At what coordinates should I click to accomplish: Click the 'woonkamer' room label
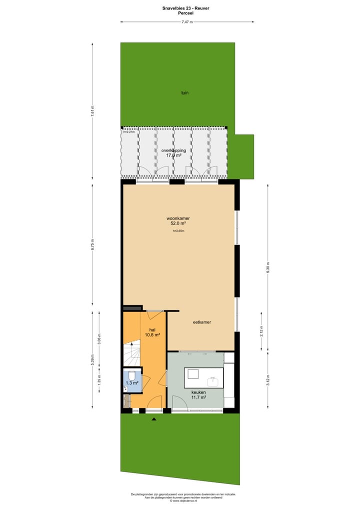point(178,218)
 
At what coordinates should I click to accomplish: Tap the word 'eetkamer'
point(202,322)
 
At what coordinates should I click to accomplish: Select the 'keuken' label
point(198,392)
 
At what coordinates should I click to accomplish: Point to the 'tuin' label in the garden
point(185,92)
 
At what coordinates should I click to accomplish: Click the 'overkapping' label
point(173,150)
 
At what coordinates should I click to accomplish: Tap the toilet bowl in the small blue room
point(131,375)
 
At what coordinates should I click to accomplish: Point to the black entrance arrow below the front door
point(154,419)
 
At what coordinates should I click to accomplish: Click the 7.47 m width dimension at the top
point(186,22)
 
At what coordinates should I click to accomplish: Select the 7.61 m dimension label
point(93,111)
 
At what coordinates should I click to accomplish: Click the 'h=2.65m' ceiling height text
point(178,231)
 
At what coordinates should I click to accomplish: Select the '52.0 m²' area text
point(178,224)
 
